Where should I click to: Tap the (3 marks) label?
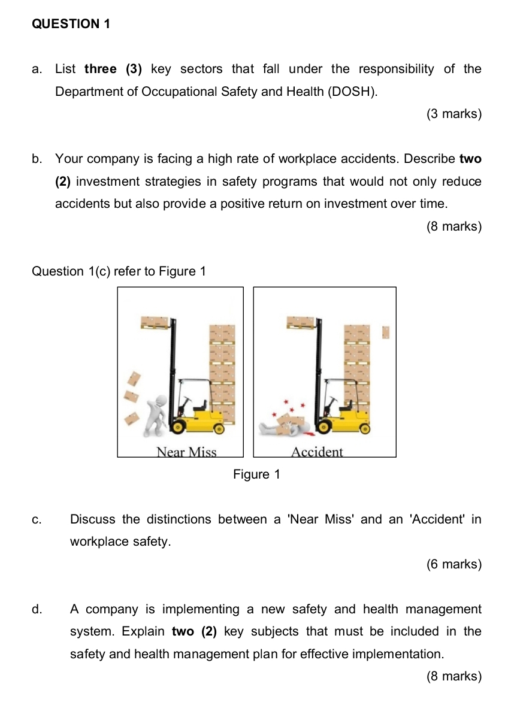pyautogui.click(x=454, y=114)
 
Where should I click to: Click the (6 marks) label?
pyautogui.click(x=454, y=564)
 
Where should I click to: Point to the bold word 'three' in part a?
pyautogui.click(x=101, y=69)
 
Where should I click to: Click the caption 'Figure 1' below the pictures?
pyautogui.click(x=256, y=474)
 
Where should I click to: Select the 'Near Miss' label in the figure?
pyautogui.click(x=186, y=452)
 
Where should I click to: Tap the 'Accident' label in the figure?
pyautogui.click(x=317, y=452)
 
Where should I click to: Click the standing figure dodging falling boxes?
pyautogui.click(x=159, y=413)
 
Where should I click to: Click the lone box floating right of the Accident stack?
pyautogui.click(x=386, y=332)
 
